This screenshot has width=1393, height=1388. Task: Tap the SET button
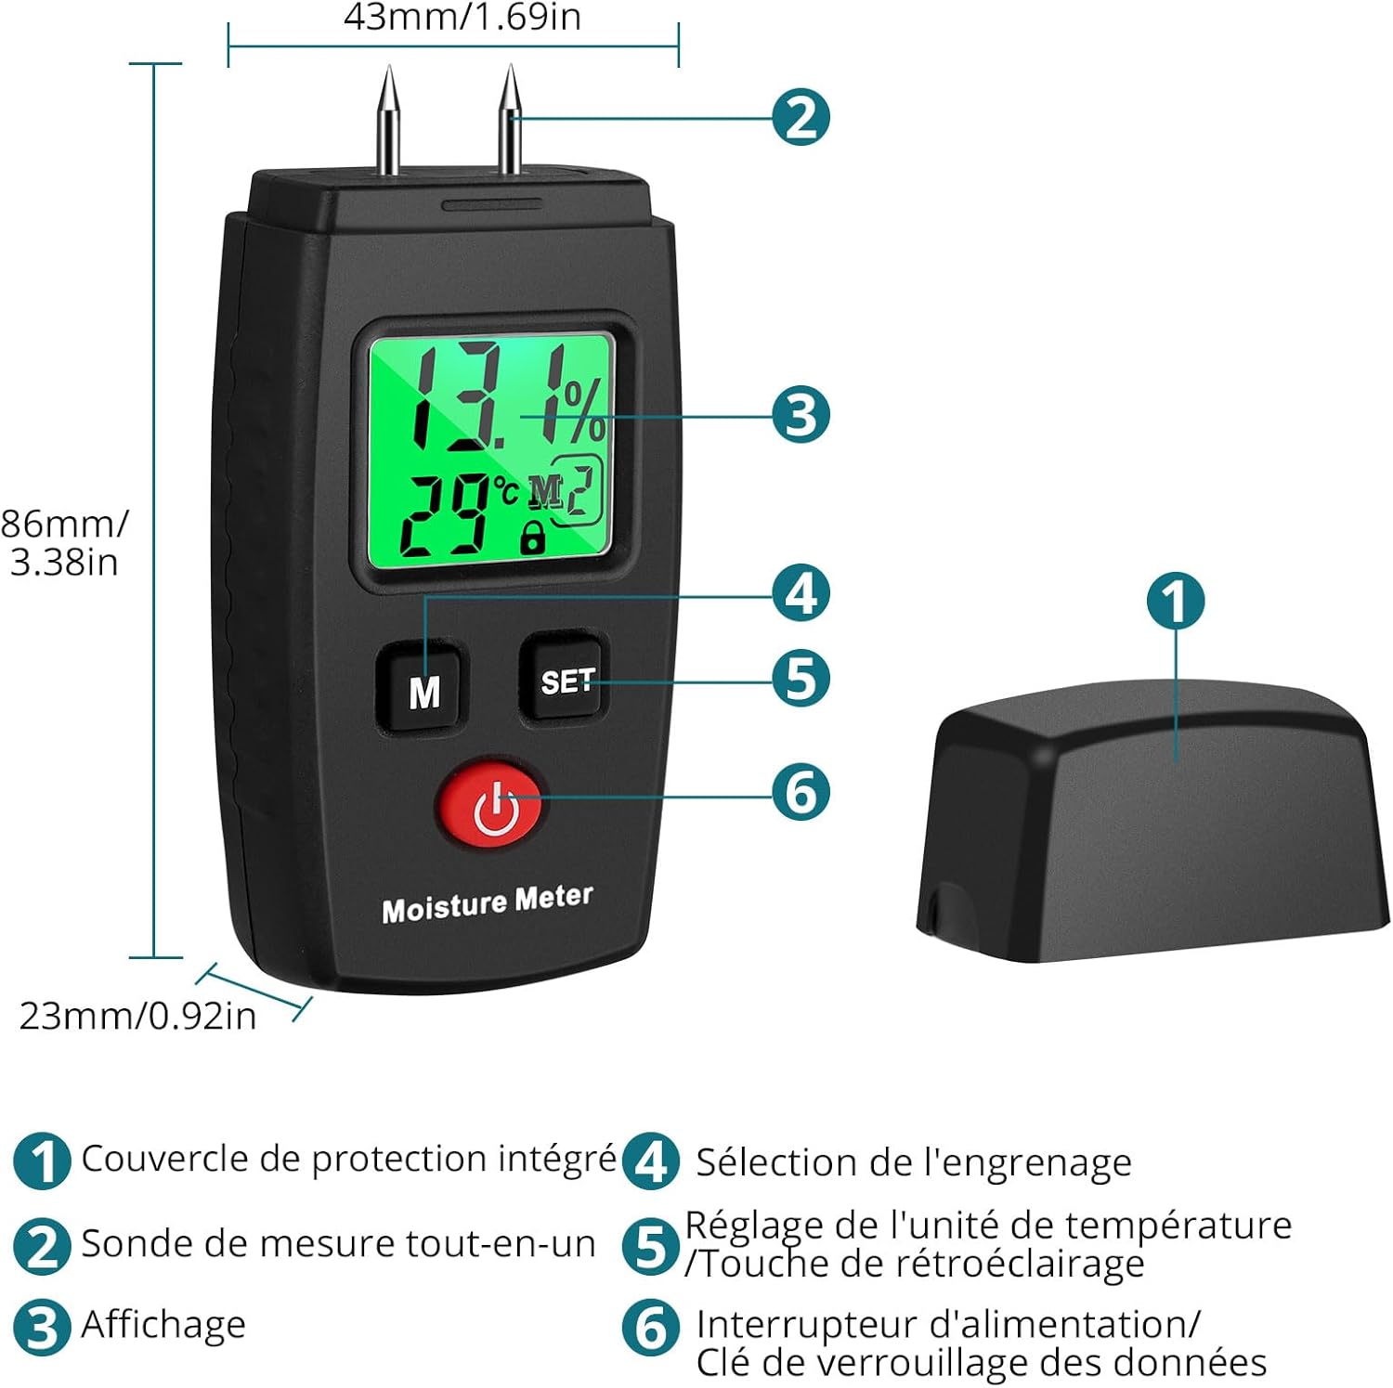tap(566, 680)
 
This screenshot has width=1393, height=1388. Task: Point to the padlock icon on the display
tap(532, 537)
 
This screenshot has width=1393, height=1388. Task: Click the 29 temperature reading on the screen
tap(444, 513)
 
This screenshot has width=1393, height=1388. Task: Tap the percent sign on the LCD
tap(584, 411)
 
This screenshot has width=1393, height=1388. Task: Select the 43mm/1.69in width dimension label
tap(462, 17)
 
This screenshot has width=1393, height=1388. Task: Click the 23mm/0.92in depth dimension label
tap(137, 1016)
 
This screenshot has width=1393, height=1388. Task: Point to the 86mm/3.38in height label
tap(63, 542)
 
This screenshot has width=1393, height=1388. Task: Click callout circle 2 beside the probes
tap(801, 117)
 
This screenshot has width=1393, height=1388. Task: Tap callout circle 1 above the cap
tap(1176, 601)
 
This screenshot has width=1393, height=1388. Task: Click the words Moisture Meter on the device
tap(487, 902)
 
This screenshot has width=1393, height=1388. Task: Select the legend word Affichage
tap(163, 1325)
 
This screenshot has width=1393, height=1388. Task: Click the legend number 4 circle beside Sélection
tap(650, 1161)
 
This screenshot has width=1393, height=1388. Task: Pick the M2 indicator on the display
tap(566, 490)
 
